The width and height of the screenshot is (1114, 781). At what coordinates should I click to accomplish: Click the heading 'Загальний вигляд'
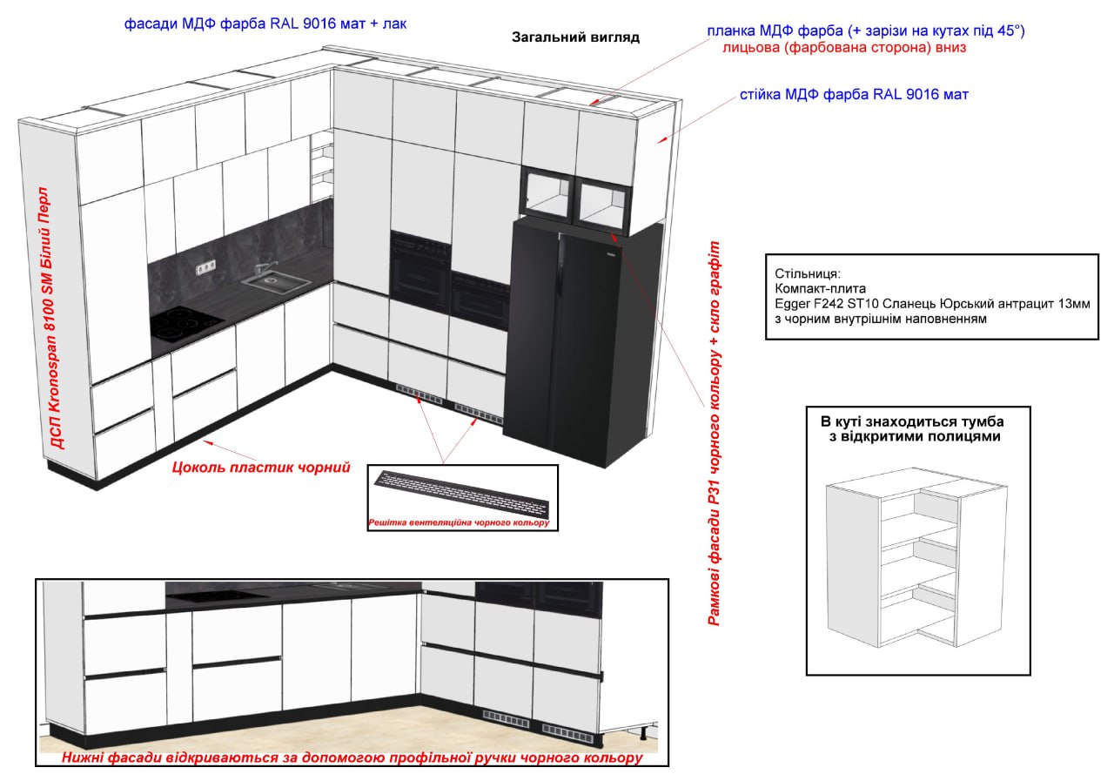(x=575, y=37)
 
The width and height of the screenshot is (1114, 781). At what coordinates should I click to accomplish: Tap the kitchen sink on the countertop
(x=275, y=284)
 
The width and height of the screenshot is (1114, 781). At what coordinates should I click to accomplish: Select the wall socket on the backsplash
(x=206, y=267)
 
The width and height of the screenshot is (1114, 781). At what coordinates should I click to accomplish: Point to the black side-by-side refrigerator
(x=582, y=343)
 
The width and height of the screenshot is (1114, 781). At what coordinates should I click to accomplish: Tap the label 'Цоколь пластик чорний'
(x=261, y=467)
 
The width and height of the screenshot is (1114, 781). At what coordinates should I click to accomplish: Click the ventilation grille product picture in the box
(x=462, y=494)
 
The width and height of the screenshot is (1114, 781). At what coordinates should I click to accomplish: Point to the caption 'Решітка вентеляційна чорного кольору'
(x=459, y=522)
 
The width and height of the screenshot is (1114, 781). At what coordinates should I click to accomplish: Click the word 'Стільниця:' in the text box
(x=808, y=273)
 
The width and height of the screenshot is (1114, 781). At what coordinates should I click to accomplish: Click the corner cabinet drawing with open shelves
(x=916, y=557)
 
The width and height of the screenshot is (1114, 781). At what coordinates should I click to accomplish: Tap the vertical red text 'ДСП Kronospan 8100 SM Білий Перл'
(x=53, y=319)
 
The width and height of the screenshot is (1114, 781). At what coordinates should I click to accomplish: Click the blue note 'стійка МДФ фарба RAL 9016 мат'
(x=854, y=95)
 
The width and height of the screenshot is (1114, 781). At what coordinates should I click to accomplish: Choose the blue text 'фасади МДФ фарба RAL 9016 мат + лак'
(x=265, y=24)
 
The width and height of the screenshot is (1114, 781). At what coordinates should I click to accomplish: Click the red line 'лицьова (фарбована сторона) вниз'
(x=844, y=48)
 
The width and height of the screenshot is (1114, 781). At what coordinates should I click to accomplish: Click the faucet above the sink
(x=263, y=268)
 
